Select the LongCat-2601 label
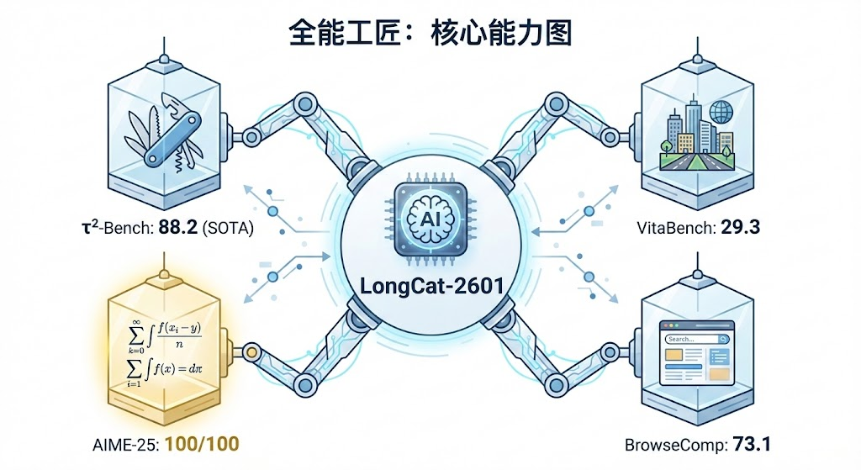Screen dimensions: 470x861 click(430, 285)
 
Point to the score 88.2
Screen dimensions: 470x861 click(177, 230)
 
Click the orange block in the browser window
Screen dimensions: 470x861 click(679, 357)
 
